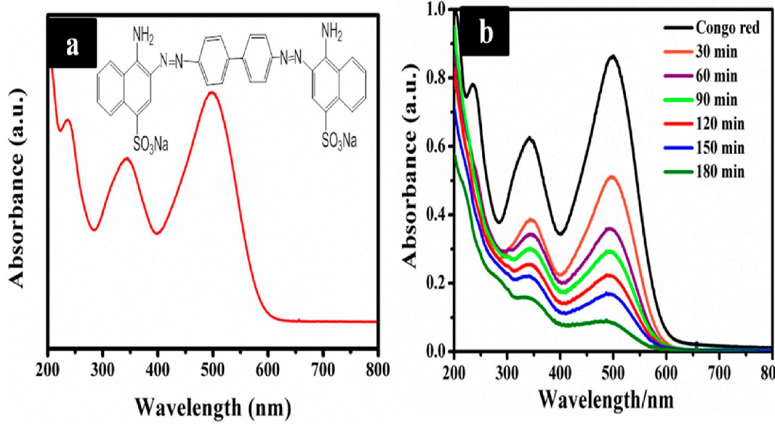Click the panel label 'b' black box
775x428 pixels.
(485, 31)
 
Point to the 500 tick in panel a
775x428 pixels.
(213, 370)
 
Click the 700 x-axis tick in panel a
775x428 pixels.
(323, 370)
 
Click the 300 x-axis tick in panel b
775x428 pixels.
(507, 373)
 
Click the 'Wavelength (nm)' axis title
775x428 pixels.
(213, 408)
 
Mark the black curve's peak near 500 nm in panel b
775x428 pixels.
(613, 56)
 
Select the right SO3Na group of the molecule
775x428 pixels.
(339, 140)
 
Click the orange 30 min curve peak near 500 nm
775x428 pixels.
(612, 176)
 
